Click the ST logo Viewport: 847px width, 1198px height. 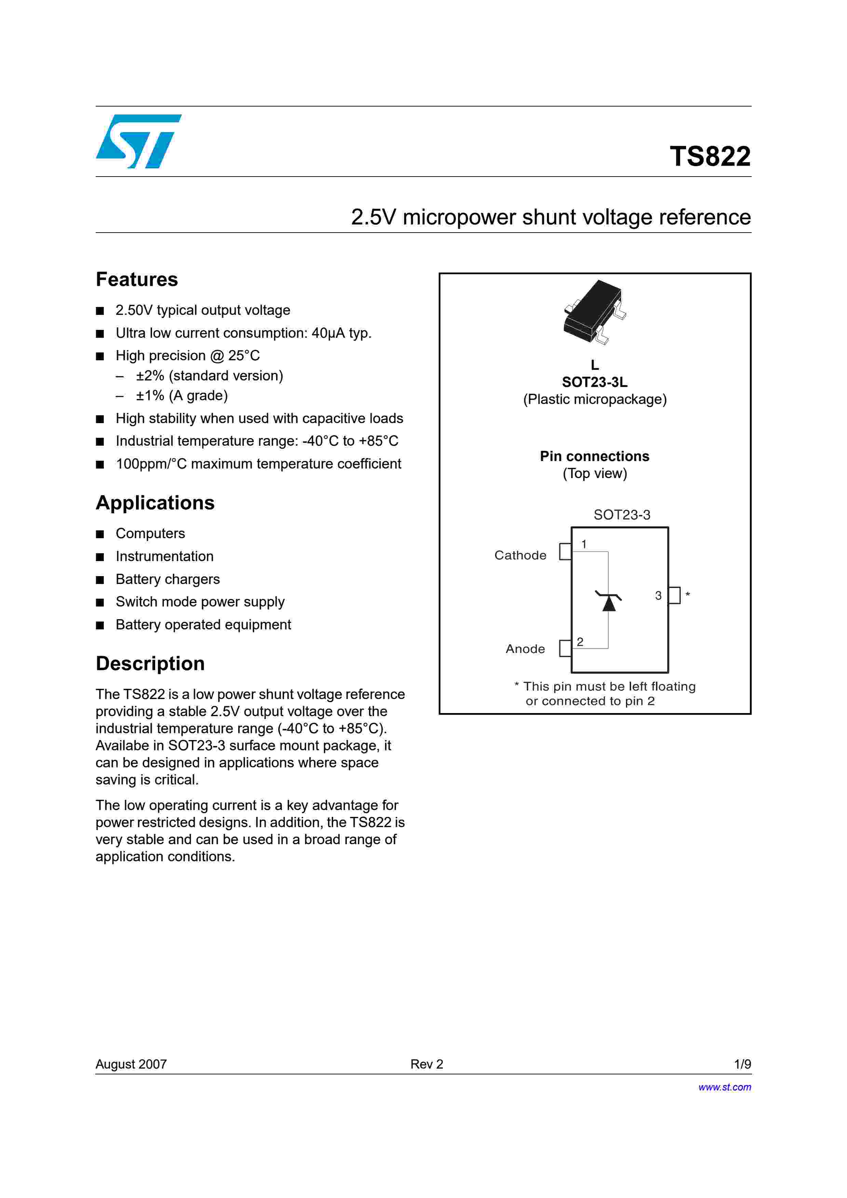pos(138,141)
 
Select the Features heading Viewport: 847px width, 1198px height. pos(137,280)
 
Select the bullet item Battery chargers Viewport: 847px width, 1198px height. pos(167,579)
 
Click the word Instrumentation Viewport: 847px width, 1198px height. pos(164,556)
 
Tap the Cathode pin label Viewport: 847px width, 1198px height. pos(520,555)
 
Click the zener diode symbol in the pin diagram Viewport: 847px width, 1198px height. pos(609,601)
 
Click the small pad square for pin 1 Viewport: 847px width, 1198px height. pos(565,552)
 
